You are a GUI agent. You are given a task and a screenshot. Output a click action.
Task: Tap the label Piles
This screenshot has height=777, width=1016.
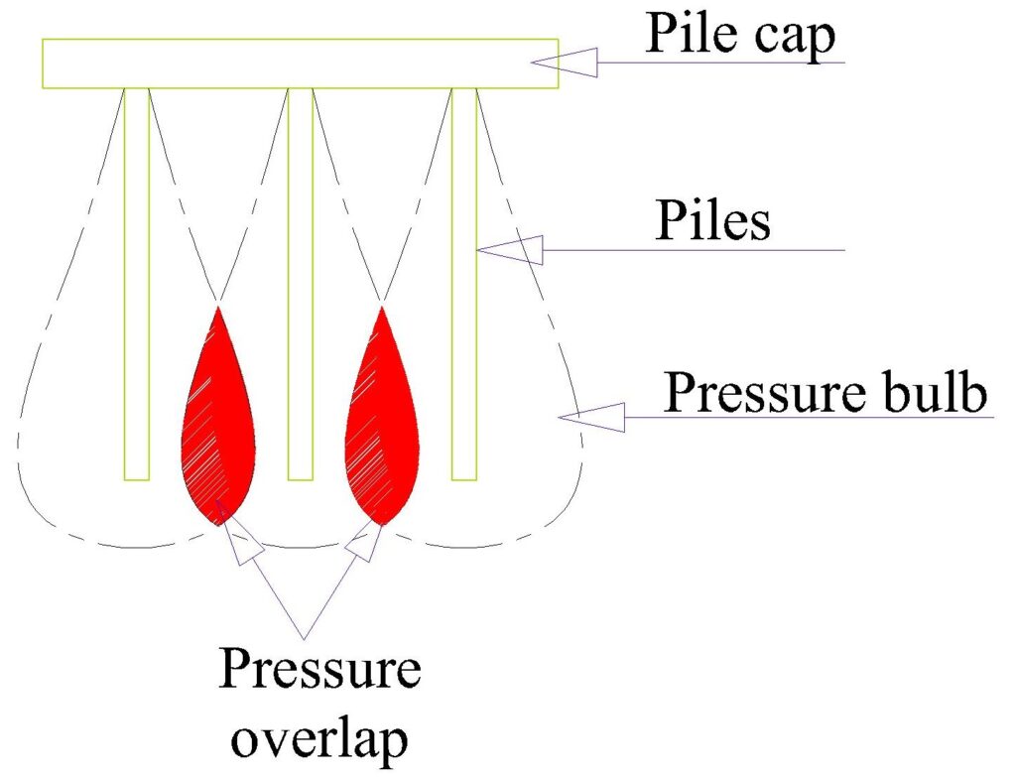[x=712, y=222]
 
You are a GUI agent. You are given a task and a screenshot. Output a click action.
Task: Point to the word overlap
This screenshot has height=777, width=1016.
[x=319, y=740]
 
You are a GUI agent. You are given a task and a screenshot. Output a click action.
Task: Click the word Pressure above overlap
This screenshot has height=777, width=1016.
[x=319, y=672]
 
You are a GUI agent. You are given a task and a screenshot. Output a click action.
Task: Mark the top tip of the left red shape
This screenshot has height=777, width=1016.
[x=217, y=307]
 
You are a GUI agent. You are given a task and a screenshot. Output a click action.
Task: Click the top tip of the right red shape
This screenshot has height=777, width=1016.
[x=382, y=307]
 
